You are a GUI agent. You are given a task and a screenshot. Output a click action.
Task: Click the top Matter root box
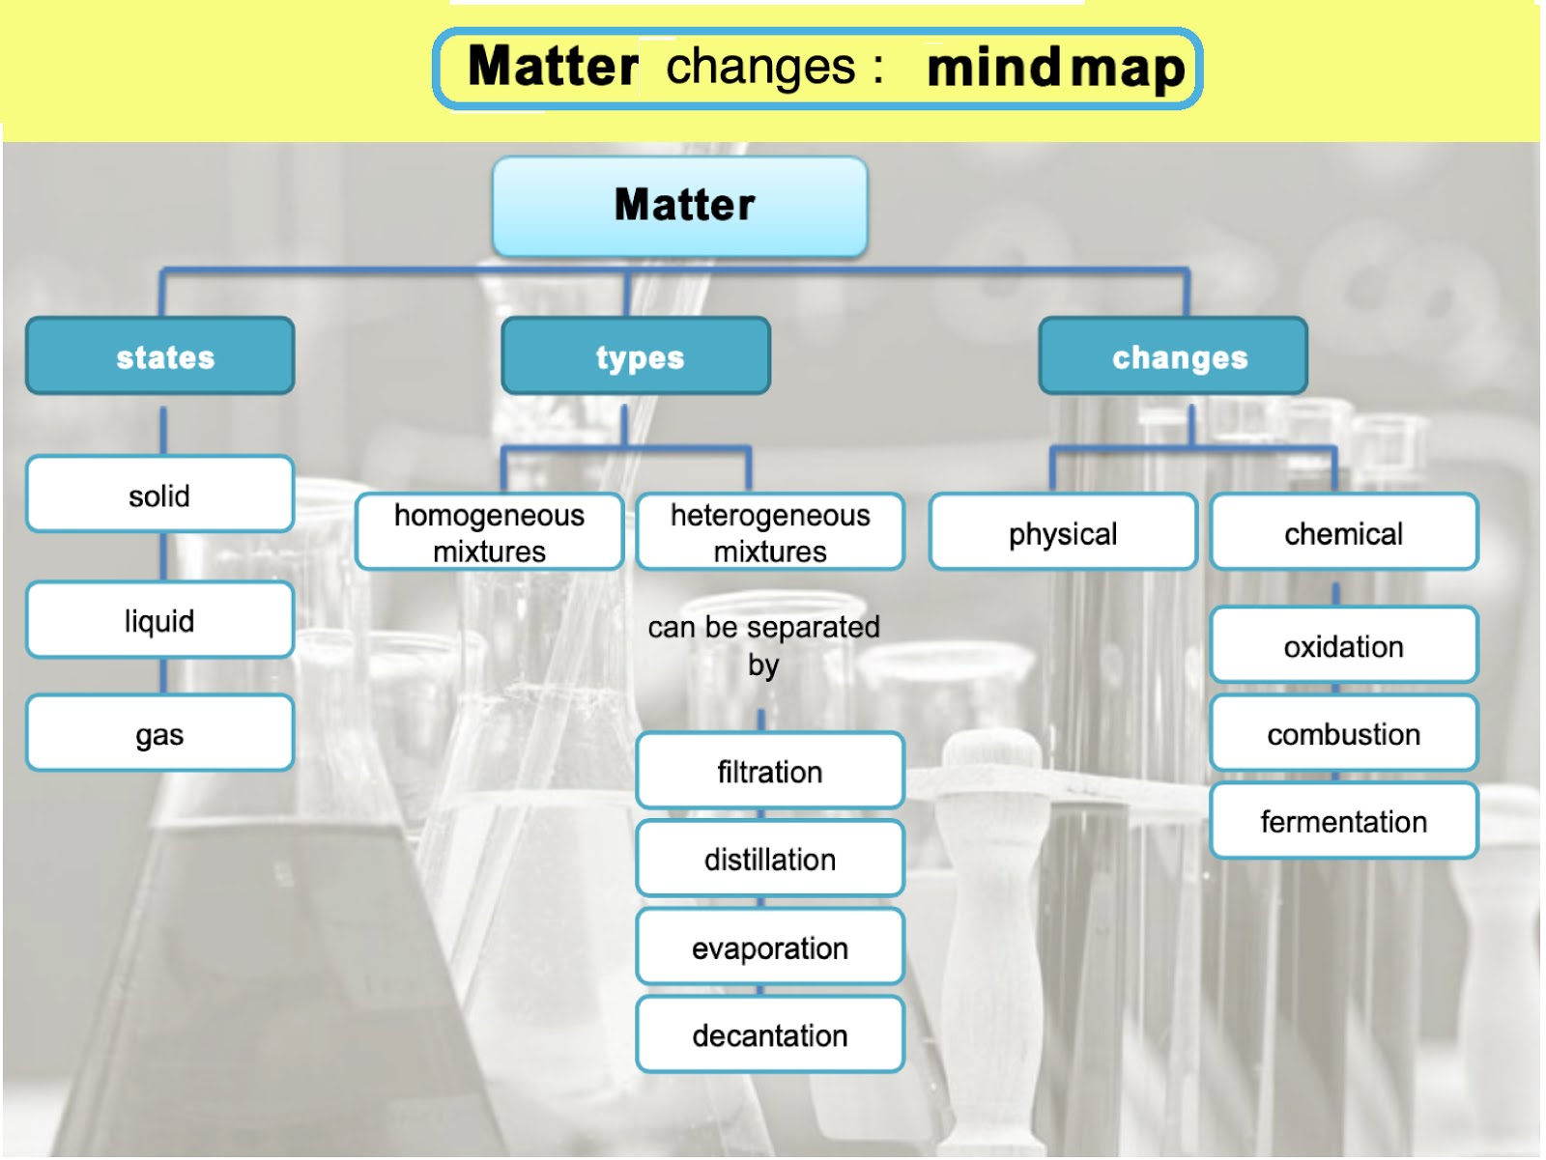680,206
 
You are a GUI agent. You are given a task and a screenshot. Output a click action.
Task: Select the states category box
160,356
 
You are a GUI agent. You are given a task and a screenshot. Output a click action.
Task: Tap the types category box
636,356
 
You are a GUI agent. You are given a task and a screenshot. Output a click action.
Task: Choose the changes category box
1173,356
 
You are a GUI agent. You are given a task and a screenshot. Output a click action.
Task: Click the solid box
160,495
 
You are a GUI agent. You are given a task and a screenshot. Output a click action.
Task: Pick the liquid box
160,620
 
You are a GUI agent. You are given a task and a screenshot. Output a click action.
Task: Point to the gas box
160,733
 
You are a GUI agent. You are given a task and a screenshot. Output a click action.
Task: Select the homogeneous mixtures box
489,532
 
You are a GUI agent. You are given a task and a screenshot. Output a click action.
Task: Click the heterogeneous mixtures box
770,532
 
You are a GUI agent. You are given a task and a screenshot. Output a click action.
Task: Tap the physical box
1063,532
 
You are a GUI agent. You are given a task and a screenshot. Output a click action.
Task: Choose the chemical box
1343,532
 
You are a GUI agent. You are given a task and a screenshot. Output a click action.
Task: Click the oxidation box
1343,645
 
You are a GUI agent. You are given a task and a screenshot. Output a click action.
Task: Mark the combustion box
1343,733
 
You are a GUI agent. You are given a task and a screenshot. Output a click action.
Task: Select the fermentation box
1343,821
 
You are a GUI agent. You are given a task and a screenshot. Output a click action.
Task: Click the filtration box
770,771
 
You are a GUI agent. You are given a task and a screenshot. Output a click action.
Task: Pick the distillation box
770,859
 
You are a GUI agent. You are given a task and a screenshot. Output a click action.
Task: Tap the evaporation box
770,947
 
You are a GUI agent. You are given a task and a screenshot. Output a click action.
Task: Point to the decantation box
770,1034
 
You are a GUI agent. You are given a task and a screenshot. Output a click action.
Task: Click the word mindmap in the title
1055,70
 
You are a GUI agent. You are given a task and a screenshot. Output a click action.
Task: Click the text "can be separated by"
763,644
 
